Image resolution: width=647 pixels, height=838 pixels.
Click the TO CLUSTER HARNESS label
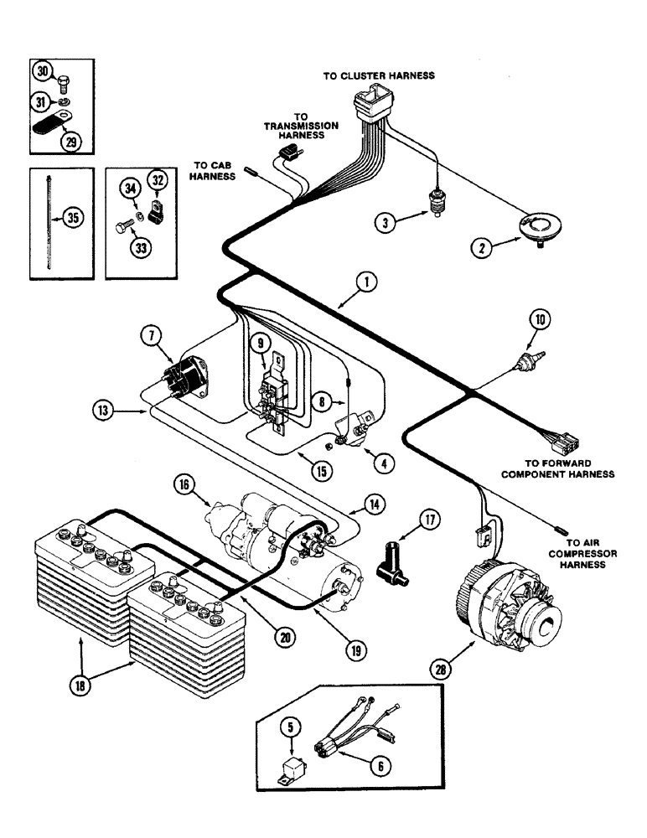coord(379,75)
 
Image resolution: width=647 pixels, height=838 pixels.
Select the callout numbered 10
coord(539,318)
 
